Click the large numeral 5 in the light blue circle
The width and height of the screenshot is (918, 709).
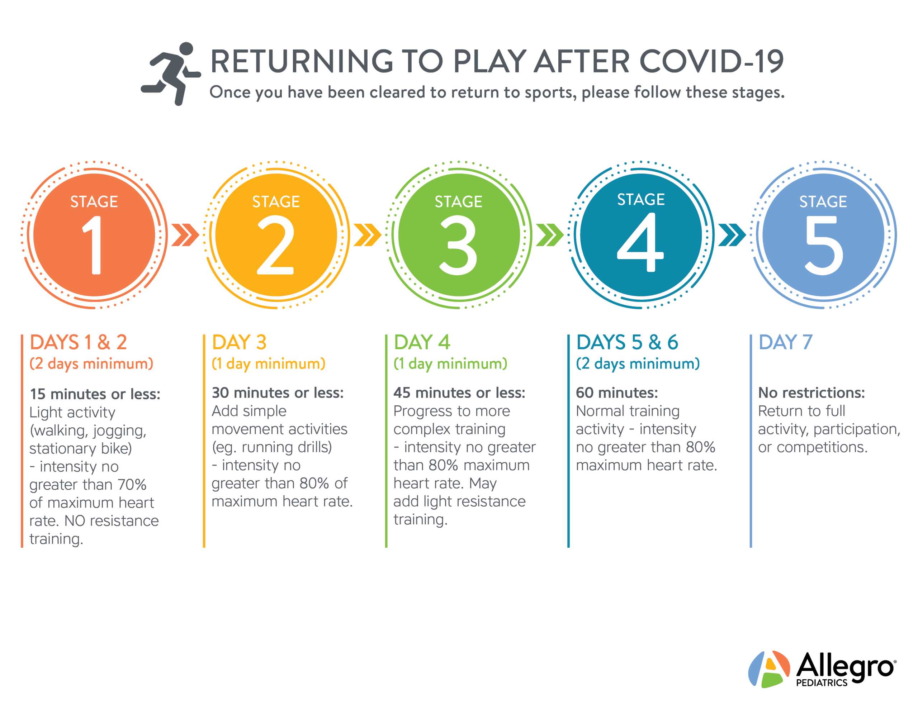(824, 246)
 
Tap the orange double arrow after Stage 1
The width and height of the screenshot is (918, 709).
(185, 235)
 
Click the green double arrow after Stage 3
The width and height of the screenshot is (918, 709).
(549, 235)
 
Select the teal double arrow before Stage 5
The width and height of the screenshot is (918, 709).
(732, 235)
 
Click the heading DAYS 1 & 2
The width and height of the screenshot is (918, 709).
(78, 342)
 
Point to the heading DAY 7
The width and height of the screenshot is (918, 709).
(785, 342)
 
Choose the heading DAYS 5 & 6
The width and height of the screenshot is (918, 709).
(627, 342)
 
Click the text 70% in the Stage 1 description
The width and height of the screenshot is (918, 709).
(132, 485)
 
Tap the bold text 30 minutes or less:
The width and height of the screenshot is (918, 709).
(278, 392)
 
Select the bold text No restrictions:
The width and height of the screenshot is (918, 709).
(811, 392)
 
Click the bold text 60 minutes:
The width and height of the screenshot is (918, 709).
(617, 392)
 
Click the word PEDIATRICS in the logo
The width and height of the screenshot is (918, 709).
(822, 683)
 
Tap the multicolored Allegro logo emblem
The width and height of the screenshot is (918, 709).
(769, 669)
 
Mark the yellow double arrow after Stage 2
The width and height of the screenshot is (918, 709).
(367, 235)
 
